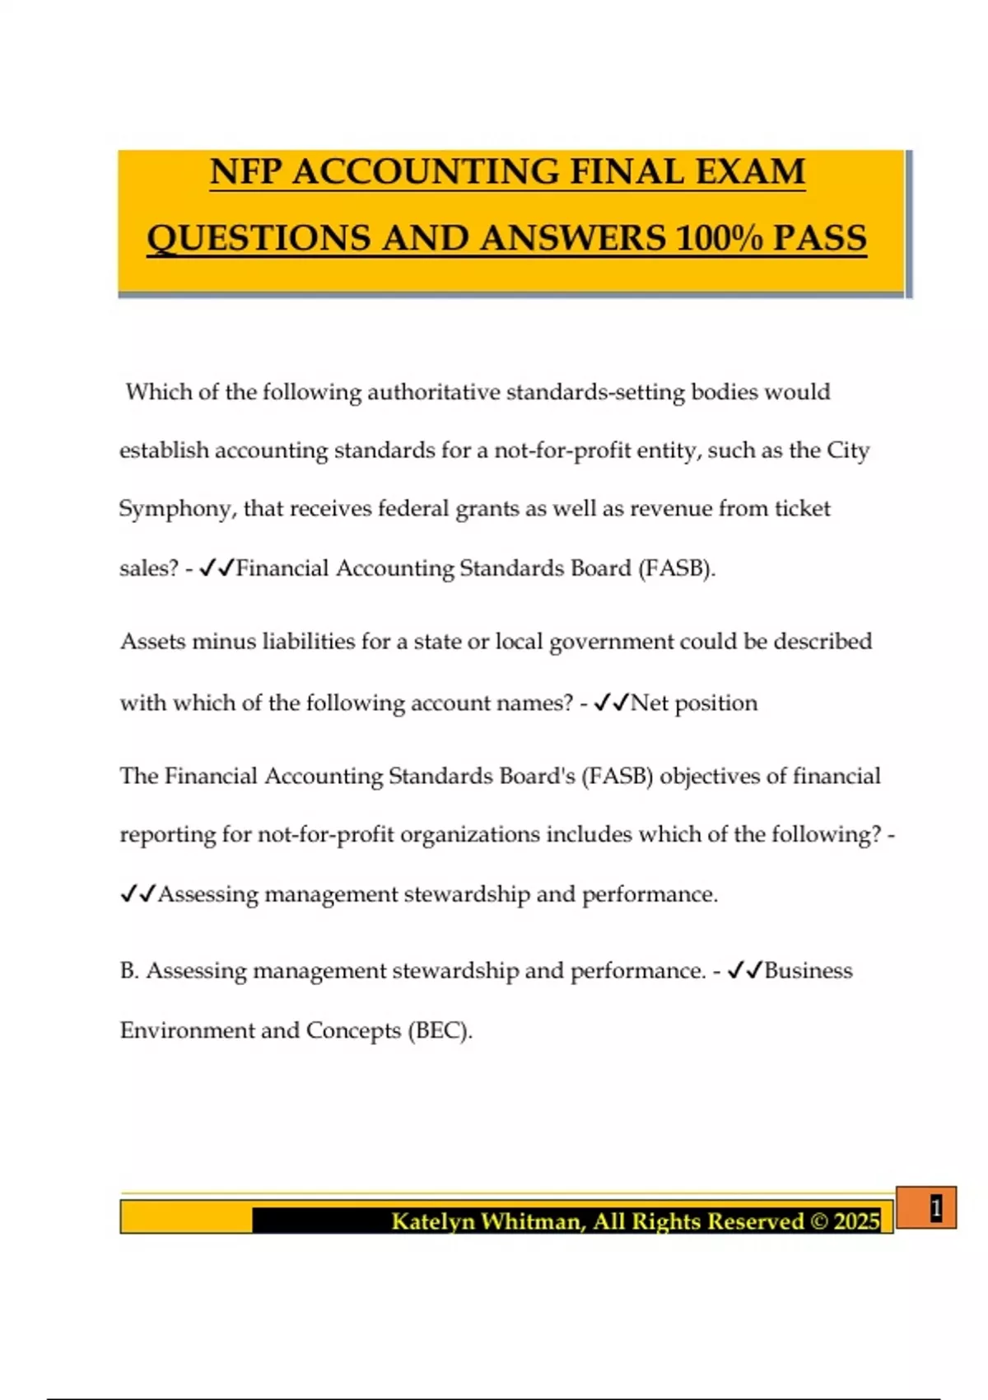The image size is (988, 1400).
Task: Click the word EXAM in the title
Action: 750,172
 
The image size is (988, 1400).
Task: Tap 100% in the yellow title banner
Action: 718,238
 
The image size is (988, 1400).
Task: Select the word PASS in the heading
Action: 819,238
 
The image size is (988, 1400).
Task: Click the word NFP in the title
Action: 246,172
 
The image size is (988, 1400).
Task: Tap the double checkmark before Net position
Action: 610,702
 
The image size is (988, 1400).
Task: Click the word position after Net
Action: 715,703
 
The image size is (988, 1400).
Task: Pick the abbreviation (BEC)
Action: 440,1030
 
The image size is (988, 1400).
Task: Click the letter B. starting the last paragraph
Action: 129,971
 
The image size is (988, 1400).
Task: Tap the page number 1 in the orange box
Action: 935,1208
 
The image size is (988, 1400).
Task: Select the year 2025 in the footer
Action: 856,1220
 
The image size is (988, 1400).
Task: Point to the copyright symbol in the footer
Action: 819,1220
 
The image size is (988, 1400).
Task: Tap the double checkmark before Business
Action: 745,970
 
